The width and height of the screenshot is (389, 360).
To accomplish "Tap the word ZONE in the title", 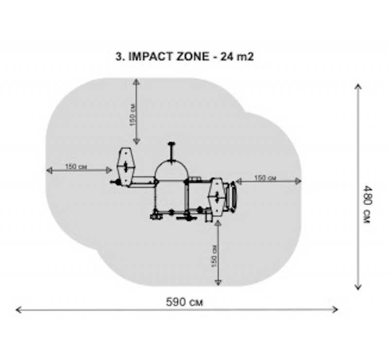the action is point(193,57).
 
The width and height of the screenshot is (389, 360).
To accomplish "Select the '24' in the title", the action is point(227,57).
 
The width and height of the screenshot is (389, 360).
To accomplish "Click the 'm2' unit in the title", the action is point(246,57).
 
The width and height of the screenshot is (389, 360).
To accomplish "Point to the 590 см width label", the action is point(184,303).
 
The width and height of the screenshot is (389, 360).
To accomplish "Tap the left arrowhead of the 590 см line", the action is point(18,310).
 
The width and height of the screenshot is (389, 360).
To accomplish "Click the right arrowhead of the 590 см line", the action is point(335,309).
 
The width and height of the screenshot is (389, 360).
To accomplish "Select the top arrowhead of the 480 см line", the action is point(358,87).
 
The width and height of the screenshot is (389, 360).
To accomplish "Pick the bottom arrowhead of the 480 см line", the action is point(358,287).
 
